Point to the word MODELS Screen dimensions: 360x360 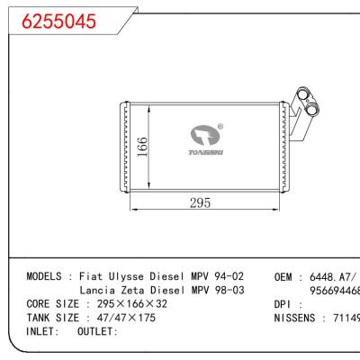pos(44,275)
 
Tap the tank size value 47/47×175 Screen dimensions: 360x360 pos(121,318)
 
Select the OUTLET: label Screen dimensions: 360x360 pos(96,332)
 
